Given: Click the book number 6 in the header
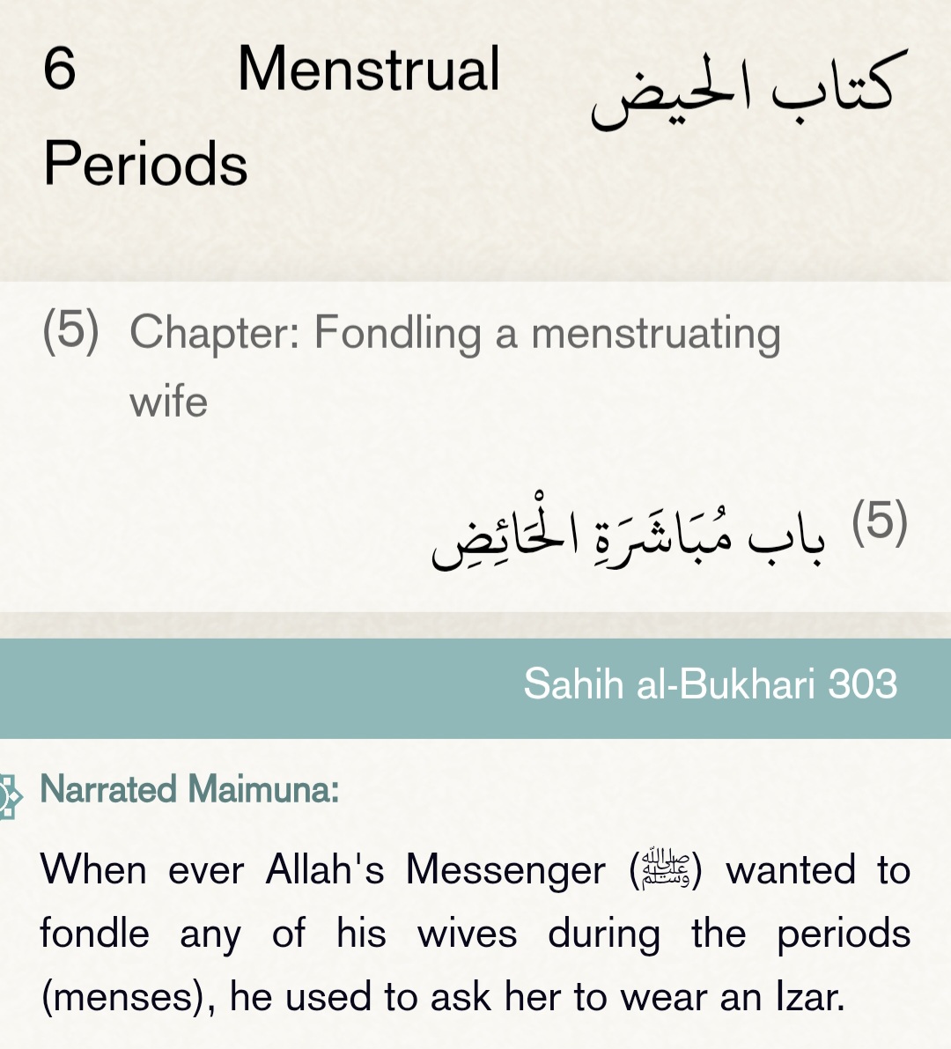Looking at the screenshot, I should (x=59, y=69).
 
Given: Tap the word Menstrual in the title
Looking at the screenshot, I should (x=368, y=70).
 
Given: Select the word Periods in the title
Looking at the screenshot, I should (x=145, y=164).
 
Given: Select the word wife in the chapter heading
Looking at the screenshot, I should (x=168, y=402).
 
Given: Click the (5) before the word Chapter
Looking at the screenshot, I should (x=70, y=330).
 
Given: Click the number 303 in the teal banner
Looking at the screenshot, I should (x=863, y=684).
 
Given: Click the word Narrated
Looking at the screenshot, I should (x=108, y=789).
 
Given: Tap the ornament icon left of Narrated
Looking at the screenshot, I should (x=9, y=795).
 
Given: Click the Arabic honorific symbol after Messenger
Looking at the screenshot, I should (x=666, y=869).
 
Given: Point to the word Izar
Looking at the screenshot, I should (x=809, y=996).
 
